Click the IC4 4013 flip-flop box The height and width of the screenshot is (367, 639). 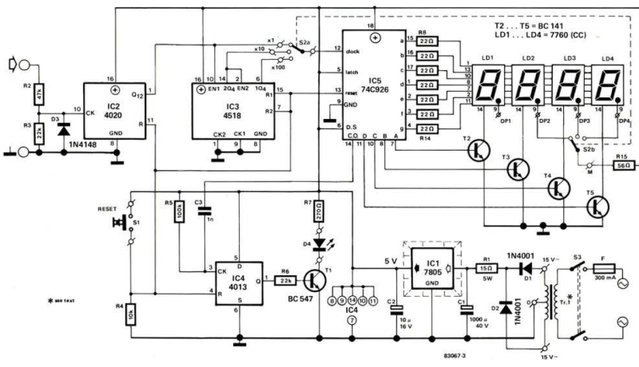(x=238, y=284)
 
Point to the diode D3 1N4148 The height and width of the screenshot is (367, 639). (x=64, y=131)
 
